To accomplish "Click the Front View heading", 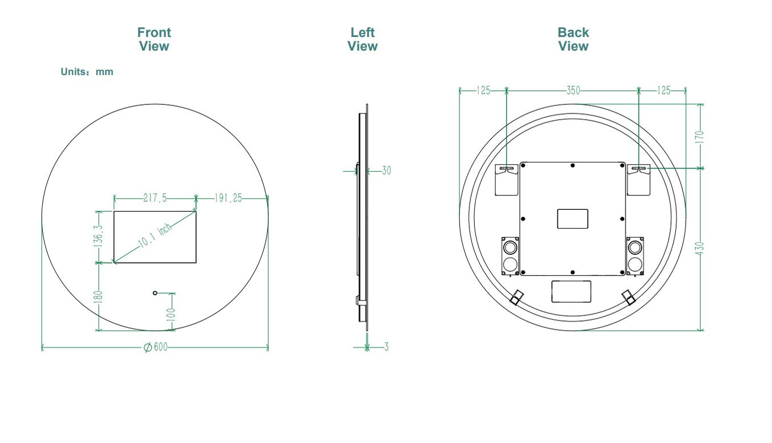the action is pyautogui.click(x=154, y=39).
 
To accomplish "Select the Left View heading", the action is pyautogui.click(x=362, y=39).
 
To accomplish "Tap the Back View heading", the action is pyautogui.click(x=573, y=39).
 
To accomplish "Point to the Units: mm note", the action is pyautogui.click(x=87, y=72).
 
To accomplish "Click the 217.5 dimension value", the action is pyautogui.click(x=155, y=198).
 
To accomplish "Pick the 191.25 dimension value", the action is pyautogui.click(x=228, y=198).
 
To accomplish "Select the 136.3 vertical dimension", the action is pyautogui.click(x=98, y=236).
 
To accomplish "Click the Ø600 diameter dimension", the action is pyautogui.click(x=156, y=347).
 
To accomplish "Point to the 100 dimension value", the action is pyautogui.click(x=171, y=315).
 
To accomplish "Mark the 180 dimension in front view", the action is pyautogui.click(x=98, y=296).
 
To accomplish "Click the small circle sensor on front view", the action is pyautogui.click(x=155, y=293).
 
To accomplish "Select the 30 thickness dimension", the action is pyautogui.click(x=386, y=170).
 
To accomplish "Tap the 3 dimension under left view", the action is pyautogui.click(x=386, y=347).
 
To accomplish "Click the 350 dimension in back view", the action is pyautogui.click(x=574, y=91).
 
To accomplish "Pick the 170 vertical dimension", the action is pyautogui.click(x=699, y=137).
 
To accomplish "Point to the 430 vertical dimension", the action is pyautogui.click(x=699, y=249).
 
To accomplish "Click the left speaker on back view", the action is pyautogui.click(x=510, y=256).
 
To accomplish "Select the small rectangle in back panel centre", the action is pyautogui.click(x=573, y=219).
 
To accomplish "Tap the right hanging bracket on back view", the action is pyautogui.click(x=638, y=180).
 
